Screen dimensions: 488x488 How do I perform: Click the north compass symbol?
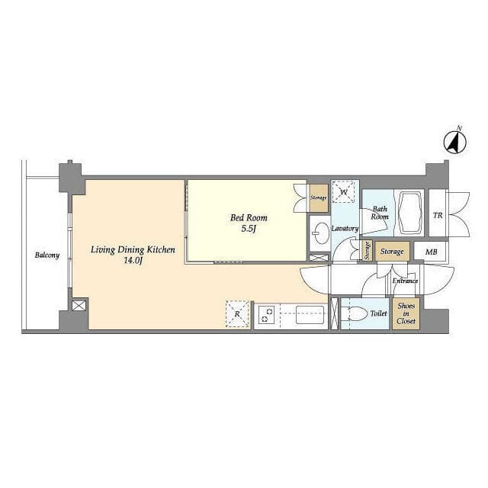454,143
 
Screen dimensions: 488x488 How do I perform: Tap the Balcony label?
47,255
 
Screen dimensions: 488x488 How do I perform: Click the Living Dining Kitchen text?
133,250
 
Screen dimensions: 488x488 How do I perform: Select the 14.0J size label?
133,261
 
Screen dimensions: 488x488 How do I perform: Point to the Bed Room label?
249,217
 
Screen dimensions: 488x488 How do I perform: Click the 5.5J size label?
249,229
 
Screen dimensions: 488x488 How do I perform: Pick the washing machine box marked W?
344,191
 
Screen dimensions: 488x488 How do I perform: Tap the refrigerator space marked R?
237,313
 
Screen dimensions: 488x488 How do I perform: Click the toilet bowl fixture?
353,313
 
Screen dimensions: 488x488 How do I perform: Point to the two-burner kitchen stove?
267,314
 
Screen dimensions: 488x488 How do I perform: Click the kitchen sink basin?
310,314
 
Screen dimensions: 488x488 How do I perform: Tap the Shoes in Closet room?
406,313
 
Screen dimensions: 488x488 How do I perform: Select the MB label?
431,252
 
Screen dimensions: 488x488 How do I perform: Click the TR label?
438,215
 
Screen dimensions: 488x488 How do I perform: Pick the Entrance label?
405,281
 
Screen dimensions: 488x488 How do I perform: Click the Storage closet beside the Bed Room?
319,198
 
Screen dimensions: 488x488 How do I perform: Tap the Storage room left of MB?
392,252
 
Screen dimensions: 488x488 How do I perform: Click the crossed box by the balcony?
79,305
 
